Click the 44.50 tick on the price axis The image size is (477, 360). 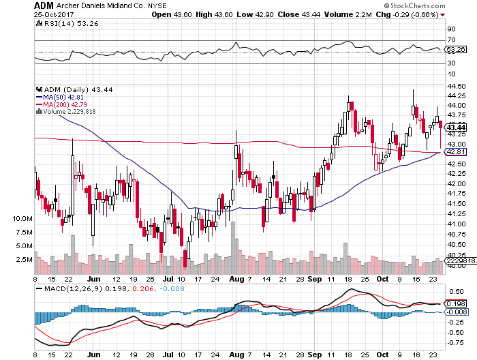[x=456, y=86]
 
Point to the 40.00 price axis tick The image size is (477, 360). [x=456, y=266]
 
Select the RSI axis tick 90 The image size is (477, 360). [x=451, y=30]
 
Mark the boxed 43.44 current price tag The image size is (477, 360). [x=455, y=127]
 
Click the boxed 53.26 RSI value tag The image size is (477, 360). [x=455, y=49]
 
